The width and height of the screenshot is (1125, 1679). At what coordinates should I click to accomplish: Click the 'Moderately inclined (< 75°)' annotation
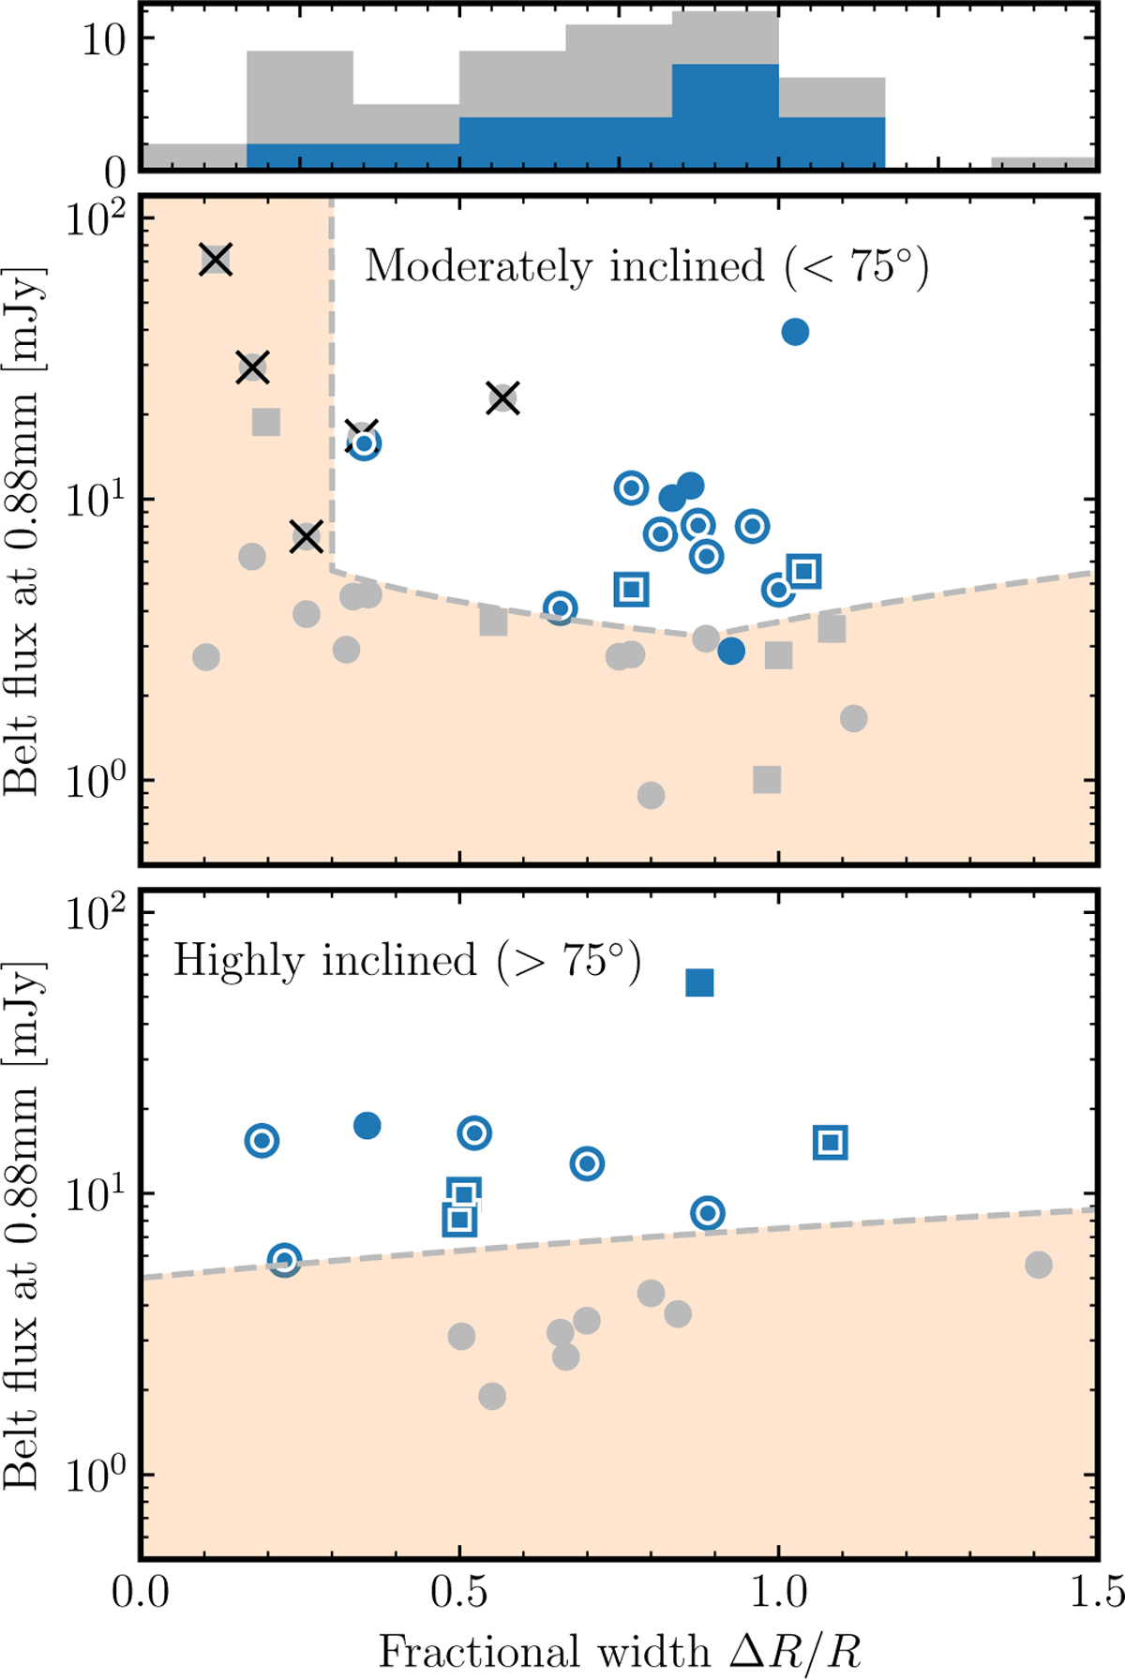click(x=646, y=267)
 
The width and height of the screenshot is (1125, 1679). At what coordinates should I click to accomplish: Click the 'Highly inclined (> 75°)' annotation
click(x=407, y=962)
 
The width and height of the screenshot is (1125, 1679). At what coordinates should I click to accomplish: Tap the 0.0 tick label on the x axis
click(x=141, y=1591)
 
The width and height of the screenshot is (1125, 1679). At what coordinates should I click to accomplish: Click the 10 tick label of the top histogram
click(x=103, y=39)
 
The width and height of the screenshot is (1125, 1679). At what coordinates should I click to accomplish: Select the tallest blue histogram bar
click(x=725, y=117)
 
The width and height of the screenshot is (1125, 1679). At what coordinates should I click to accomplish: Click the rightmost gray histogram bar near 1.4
click(x=1042, y=163)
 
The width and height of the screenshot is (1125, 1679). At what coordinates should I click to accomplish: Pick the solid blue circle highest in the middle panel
click(x=795, y=332)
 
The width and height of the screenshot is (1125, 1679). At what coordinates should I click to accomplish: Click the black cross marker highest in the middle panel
click(x=216, y=260)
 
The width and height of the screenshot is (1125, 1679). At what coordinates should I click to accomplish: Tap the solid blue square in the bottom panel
click(x=700, y=982)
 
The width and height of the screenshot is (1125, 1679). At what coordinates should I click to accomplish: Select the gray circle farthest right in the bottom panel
click(x=1038, y=1265)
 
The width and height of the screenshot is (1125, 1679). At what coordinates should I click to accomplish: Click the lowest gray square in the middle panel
click(x=767, y=779)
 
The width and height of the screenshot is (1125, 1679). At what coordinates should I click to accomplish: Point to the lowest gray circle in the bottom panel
click(x=492, y=1397)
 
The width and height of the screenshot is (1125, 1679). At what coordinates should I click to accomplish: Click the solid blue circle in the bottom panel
click(x=367, y=1126)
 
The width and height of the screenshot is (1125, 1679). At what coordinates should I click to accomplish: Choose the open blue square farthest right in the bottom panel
click(x=831, y=1143)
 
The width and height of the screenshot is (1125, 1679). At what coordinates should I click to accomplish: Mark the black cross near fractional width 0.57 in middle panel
click(x=503, y=397)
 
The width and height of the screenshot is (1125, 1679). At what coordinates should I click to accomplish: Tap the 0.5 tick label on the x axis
click(x=458, y=1591)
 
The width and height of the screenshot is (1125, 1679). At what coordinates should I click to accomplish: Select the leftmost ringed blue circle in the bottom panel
click(x=262, y=1141)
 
